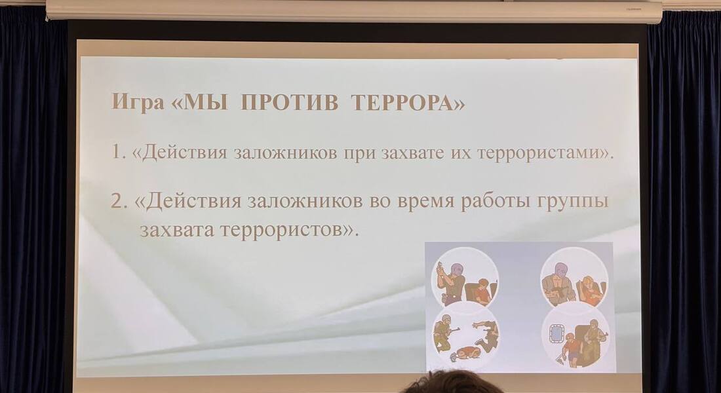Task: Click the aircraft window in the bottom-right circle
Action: pos(556,335)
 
